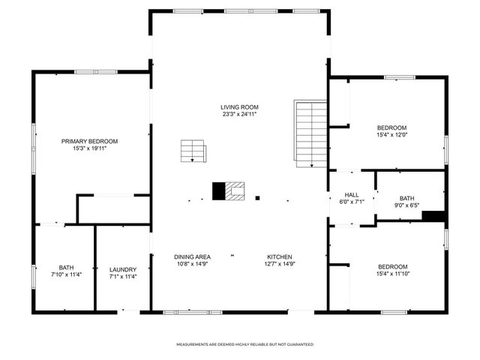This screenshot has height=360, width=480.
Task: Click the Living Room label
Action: pos(239,106)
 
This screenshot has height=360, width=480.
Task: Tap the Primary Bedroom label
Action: pos(89,141)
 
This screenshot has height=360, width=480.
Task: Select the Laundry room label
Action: pos(123,269)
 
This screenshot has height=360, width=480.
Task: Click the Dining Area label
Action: pos(192,256)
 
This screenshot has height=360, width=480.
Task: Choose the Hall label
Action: pos(352,194)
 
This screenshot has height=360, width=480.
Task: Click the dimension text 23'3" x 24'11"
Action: pos(239,115)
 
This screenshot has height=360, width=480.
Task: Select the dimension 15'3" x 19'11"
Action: pos(89,148)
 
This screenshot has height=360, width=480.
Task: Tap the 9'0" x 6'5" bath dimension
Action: pos(406,205)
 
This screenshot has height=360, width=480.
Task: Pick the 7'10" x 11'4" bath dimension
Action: pos(67,276)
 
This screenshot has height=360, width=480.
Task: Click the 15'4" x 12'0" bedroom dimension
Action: pos(391,135)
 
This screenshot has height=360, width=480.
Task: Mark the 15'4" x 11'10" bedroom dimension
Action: pos(391,274)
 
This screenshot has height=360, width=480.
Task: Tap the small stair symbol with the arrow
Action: pos(193,151)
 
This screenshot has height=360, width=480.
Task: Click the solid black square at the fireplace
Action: pos(219,191)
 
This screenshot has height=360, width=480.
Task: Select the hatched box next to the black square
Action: pos(235,191)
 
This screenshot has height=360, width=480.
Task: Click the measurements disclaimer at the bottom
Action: pos(244,344)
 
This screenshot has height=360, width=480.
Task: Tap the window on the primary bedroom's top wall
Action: pos(94,72)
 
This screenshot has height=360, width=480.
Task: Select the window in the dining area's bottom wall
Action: pos(181,310)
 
